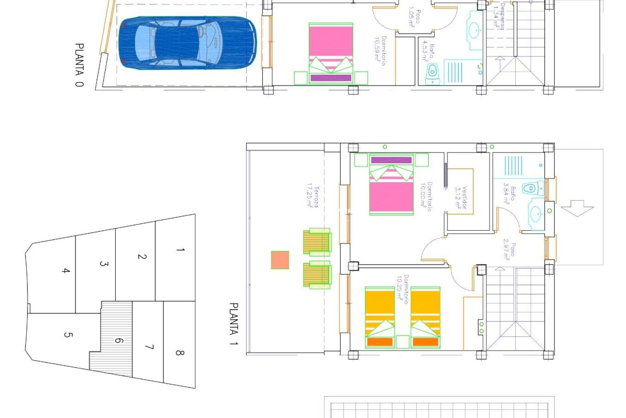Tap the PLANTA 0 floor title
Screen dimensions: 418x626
(x=79, y=65)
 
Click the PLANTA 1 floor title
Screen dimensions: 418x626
(x=234, y=324)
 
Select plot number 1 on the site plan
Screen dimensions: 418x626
(x=180, y=250)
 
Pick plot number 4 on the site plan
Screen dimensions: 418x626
(x=66, y=271)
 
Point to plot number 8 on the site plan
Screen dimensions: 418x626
(x=179, y=353)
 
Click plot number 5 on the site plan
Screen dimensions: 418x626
(x=68, y=334)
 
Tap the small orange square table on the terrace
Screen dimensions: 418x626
(x=280, y=260)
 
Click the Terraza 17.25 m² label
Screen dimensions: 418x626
(x=313, y=197)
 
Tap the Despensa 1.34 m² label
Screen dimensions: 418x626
(x=499, y=16)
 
